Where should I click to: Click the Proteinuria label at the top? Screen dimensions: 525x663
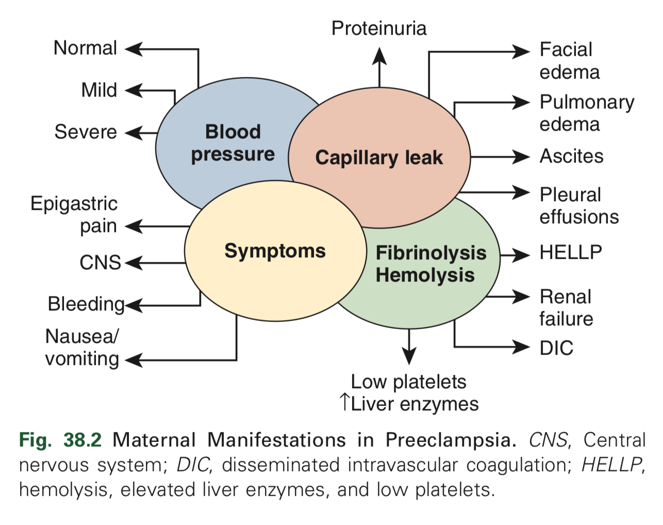[379, 28]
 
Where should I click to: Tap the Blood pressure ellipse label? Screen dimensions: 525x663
[233, 143]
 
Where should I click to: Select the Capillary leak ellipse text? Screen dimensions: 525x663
[379, 158]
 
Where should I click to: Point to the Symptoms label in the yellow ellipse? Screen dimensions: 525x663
[275, 251]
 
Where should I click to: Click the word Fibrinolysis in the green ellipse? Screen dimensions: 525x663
[431, 253]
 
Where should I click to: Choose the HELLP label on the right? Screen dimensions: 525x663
[571, 252]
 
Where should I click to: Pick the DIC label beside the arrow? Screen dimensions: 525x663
[556, 348]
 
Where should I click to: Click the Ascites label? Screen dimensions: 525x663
[571, 156]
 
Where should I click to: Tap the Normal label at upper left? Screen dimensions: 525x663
[86, 48]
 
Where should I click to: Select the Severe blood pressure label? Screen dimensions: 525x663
[86, 132]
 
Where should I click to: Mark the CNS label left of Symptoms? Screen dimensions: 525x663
[100, 263]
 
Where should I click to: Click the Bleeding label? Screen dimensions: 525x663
[86, 304]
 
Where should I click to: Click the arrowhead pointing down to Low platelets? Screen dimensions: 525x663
[409, 355]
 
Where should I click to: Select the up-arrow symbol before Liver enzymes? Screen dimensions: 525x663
[345, 402]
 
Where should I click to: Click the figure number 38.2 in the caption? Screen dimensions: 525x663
[82, 440]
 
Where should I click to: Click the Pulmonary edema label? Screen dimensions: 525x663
[587, 113]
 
